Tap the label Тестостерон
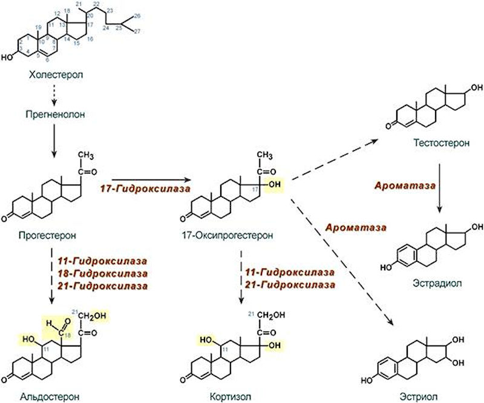coord(433,146)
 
